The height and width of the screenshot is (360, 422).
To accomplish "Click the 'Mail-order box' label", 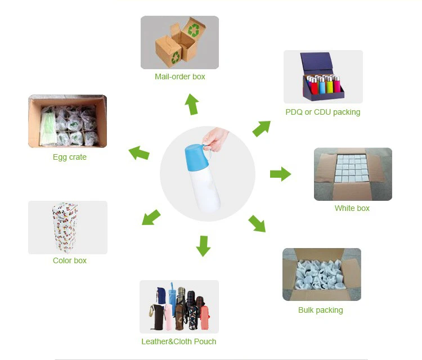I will pyautogui.click(x=180, y=76).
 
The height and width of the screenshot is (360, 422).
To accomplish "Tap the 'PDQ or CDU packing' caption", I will pyautogui.click(x=322, y=112).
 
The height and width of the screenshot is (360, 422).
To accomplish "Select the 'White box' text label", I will pyautogui.click(x=352, y=208).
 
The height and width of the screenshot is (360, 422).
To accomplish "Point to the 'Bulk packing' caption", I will pyautogui.click(x=321, y=310).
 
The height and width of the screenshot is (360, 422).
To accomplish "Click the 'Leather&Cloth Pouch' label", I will pyautogui.click(x=179, y=341).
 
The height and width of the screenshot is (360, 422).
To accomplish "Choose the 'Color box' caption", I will pyautogui.click(x=70, y=260).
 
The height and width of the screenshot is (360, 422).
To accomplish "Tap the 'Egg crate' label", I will pyautogui.click(x=70, y=157).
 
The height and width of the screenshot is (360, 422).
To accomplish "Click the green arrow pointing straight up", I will pyautogui.click(x=192, y=105).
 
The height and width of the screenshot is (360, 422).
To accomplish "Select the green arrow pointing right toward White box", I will pyautogui.click(x=280, y=174).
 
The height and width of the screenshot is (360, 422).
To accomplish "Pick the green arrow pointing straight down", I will pyautogui.click(x=203, y=246).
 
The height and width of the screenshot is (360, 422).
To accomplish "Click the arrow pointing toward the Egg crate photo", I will pyautogui.click(x=139, y=152).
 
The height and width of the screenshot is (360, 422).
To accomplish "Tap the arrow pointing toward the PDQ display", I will pyautogui.click(x=262, y=128).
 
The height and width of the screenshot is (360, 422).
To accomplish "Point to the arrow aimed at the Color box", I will pyautogui.click(x=151, y=218).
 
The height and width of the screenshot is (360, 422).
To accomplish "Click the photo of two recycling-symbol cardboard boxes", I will pyautogui.click(x=179, y=42).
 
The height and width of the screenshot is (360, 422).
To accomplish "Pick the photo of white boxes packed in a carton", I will pyautogui.click(x=353, y=174).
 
